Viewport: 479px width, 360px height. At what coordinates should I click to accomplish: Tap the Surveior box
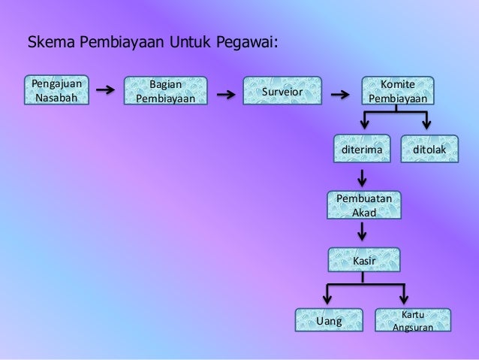[282, 92]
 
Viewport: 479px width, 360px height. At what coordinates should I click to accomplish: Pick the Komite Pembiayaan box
[396, 92]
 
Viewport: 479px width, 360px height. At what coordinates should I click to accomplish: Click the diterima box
[362, 150]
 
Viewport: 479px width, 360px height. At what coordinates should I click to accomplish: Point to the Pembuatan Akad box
[364, 204]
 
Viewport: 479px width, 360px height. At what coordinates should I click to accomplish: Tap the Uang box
[329, 321]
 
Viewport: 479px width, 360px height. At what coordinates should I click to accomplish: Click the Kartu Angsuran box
[414, 321]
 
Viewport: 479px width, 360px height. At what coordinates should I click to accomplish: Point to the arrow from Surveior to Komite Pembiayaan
[341, 95]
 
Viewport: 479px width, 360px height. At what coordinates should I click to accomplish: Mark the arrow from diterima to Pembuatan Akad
[363, 177]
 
